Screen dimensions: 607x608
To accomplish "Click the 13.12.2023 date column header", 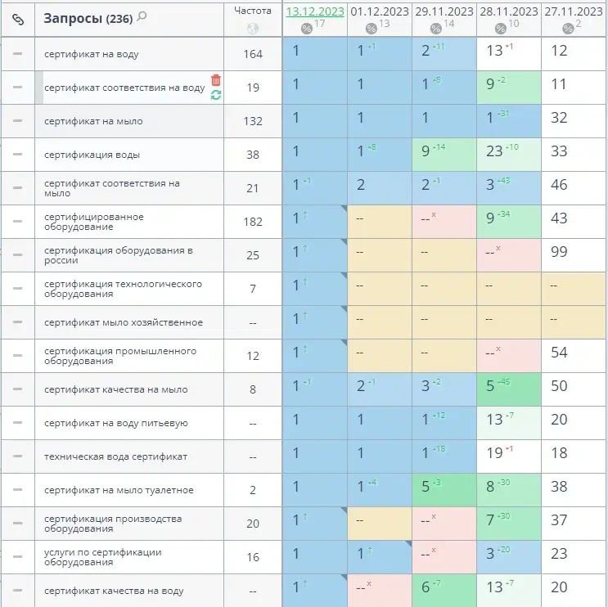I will pos(315,11).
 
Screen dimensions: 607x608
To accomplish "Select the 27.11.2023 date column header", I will pos(574,11).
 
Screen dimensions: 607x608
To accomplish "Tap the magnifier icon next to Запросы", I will pos(142,16).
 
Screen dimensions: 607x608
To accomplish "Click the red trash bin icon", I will pos(216,80).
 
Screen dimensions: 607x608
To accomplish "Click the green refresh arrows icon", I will pos(216,95).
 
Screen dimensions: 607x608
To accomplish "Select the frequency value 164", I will pos(253,54).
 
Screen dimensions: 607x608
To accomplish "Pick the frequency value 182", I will pos(253,222).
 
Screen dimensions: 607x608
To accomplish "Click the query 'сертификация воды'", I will pos(92,155).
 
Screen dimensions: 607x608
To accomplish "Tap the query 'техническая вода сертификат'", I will pos(115,456).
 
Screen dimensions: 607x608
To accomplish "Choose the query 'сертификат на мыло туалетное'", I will pos(119,490).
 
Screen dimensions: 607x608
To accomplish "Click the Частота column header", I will pos(253,11).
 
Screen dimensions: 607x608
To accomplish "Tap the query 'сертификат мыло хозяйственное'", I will pos(124,322).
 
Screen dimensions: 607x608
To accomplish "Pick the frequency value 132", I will pos(253,121).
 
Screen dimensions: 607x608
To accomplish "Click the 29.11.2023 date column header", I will pos(444,11).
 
